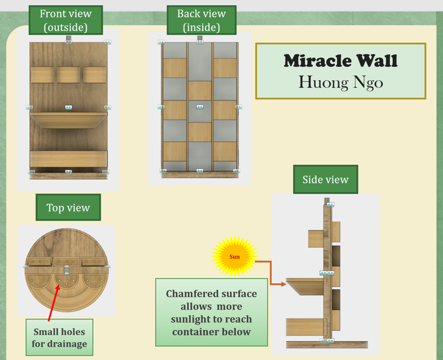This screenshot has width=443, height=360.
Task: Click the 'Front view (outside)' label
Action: [65, 20]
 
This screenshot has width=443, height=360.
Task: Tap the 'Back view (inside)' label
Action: [201, 20]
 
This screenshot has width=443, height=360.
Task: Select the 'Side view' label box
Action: [325, 180]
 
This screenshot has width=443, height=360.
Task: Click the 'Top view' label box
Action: [68, 207]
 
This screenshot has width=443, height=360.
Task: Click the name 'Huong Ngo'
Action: [340, 82]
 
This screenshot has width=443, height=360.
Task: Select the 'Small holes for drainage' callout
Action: [60, 338]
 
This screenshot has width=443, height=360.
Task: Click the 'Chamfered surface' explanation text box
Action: [211, 312]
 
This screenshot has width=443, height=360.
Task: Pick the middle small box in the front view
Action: [68, 75]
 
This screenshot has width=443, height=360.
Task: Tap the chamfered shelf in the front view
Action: [68, 120]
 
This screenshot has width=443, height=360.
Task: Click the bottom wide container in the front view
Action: [68, 159]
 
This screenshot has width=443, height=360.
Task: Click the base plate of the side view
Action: [327, 345]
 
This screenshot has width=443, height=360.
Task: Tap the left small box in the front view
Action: [42, 75]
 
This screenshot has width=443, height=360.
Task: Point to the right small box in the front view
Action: [94, 75]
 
